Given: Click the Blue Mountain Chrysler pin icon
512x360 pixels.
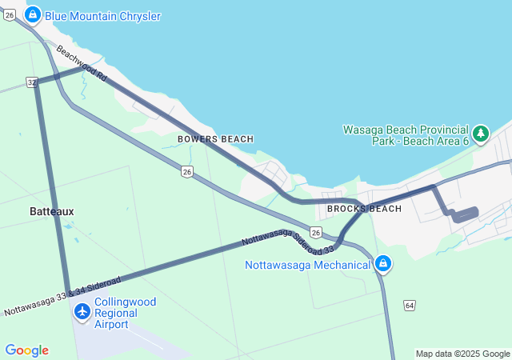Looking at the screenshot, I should coord(33,14).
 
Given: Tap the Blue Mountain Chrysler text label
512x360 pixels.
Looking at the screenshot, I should coord(102,16).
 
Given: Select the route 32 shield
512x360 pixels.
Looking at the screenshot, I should coord(31,82).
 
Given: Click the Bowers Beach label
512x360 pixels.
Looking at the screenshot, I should coord(215,139).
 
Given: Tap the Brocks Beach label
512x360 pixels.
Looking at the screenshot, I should coord(364,209).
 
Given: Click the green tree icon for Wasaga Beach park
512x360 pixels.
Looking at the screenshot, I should coord(481,134).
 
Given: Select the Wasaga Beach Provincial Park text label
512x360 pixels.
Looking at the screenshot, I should coord(405,135).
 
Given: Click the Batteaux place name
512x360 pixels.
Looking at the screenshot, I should coord(51,211).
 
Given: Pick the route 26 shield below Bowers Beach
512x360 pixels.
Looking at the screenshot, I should coord(186,171).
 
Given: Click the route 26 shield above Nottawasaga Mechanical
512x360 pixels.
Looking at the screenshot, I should coord(316,233).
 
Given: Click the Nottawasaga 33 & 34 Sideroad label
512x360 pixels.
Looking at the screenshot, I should coord(62,297).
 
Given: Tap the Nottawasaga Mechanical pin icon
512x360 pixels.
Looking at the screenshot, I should coord(383,263).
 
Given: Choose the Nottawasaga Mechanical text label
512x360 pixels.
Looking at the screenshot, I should coord(308,264).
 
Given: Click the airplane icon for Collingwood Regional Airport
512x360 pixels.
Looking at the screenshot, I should coord(82,312).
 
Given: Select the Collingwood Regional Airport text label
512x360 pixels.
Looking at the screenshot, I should coord(125,313).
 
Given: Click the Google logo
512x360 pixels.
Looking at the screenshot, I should coord(26,350).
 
